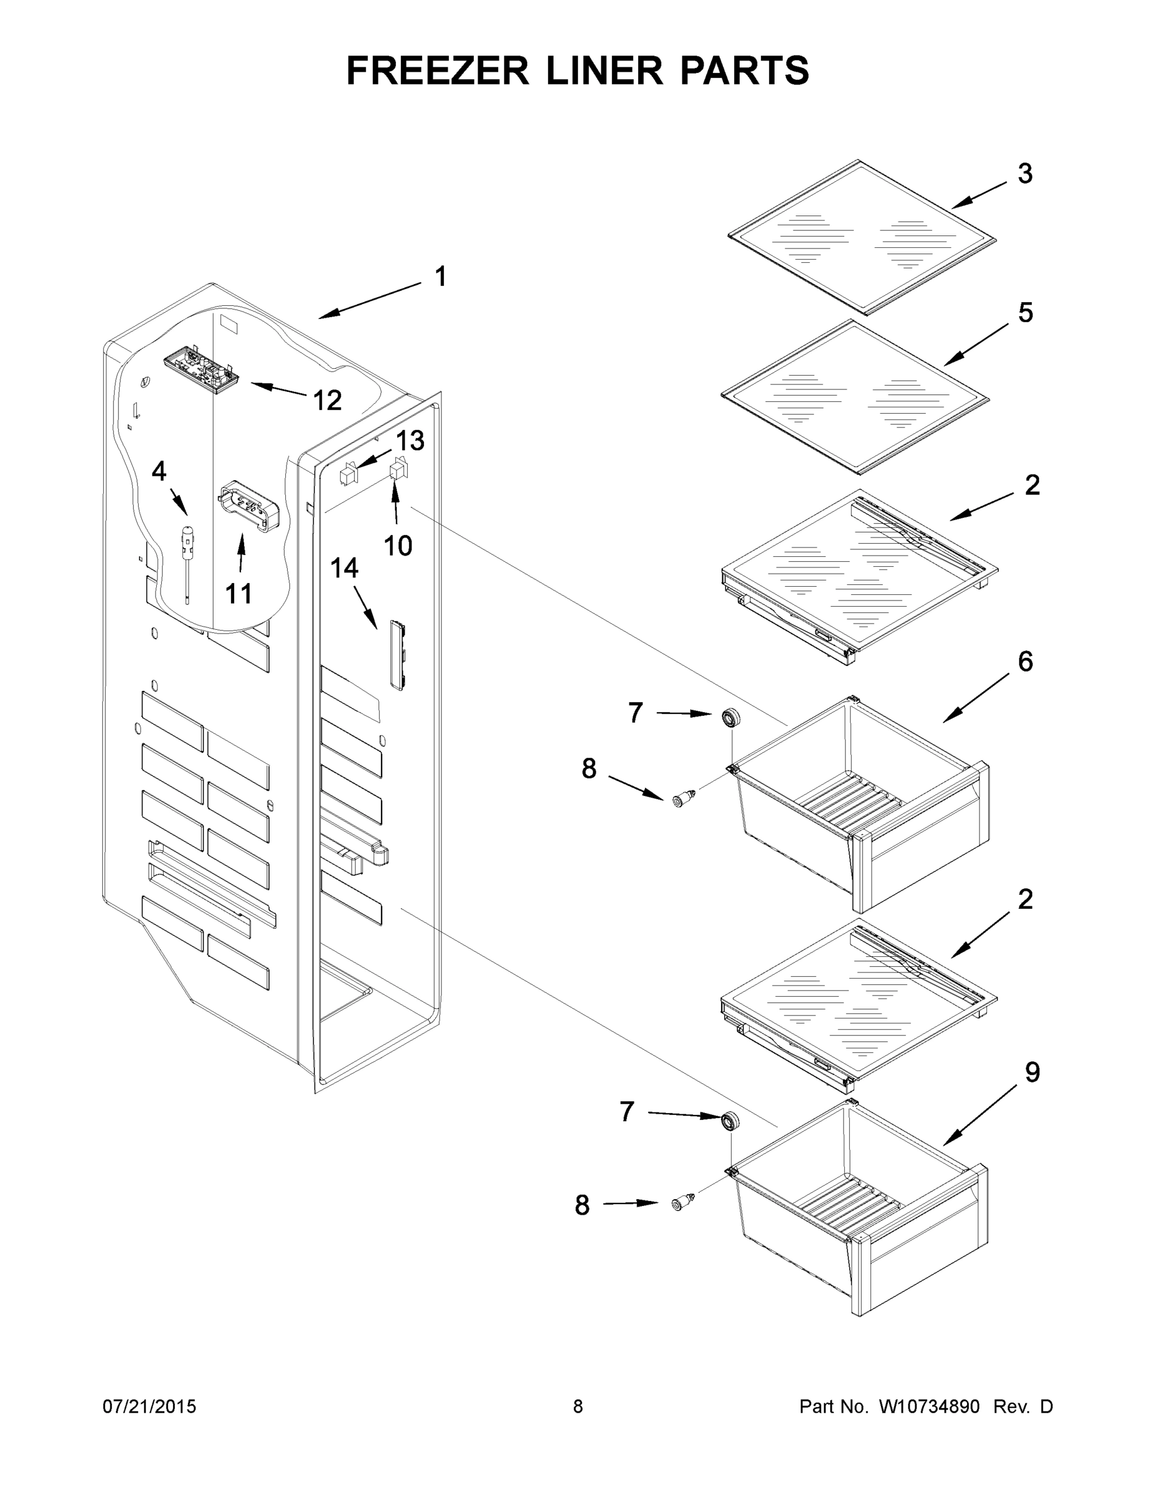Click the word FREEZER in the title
point(437,70)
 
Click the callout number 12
point(327,401)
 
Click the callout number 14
point(344,567)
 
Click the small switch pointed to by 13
point(348,473)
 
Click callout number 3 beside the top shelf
point(1024,174)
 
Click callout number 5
point(1025,313)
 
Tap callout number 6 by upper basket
point(1025,662)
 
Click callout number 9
point(1032,1072)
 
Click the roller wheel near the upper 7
point(732,718)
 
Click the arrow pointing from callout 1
point(369,300)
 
